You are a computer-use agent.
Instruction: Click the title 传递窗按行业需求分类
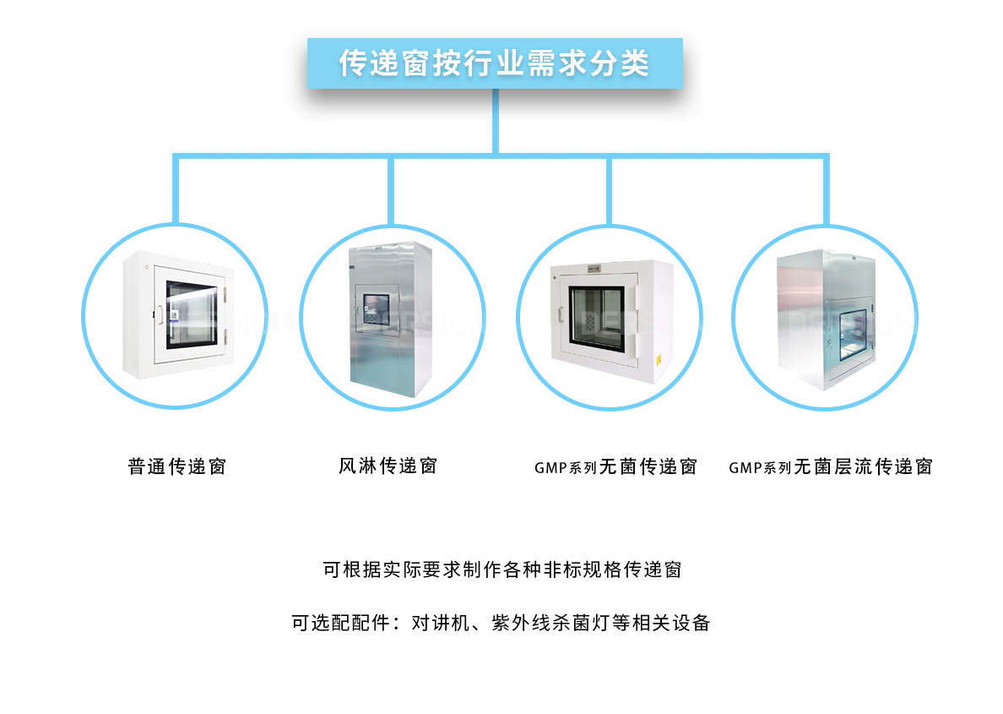point(495,63)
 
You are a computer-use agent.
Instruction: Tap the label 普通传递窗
point(177,466)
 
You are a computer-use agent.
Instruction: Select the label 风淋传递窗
point(388,466)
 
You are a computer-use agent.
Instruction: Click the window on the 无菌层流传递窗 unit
point(845,334)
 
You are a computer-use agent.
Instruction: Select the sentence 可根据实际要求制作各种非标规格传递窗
point(501,570)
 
